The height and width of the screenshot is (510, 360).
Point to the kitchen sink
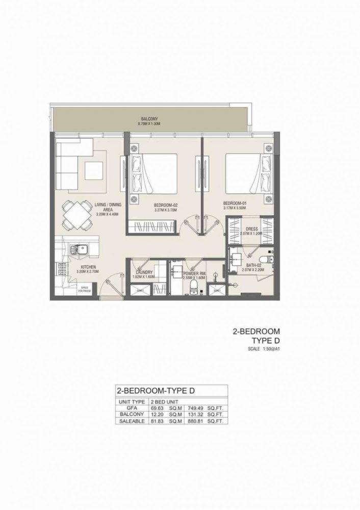click(x=79, y=250)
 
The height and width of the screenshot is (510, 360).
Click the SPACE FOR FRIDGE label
click(x=84, y=290)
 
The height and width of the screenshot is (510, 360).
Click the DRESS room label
click(x=251, y=229)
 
